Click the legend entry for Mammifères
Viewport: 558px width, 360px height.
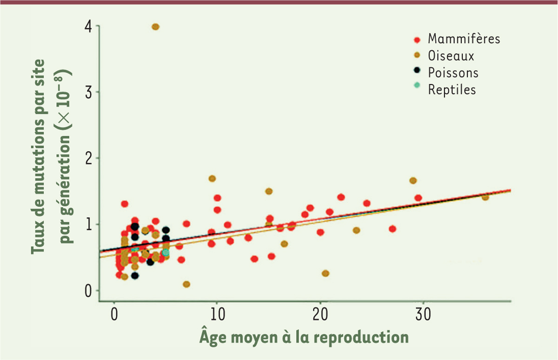tap(464, 39)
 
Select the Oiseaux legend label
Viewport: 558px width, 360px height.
tap(451, 56)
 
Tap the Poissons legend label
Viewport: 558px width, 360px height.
tap(453, 73)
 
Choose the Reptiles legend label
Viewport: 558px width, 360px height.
tap(452, 89)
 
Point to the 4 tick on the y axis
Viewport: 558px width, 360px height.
tap(88, 27)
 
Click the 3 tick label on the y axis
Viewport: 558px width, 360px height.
tap(88, 92)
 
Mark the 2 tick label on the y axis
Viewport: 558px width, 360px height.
tap(88, 158)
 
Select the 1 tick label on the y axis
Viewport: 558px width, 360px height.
tap(88, 225)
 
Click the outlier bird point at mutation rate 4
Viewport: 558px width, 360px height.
tap(155, 27)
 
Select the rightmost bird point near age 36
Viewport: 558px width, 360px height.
tap(485, 197)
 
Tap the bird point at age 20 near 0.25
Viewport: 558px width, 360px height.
tap(325, 273)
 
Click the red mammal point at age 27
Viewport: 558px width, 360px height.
tap(392, 229)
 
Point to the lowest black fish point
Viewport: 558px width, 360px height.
tap(135, 275)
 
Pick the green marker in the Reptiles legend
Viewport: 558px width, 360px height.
tap(417, 85)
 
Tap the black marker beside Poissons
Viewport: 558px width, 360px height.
tap(417, 70)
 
